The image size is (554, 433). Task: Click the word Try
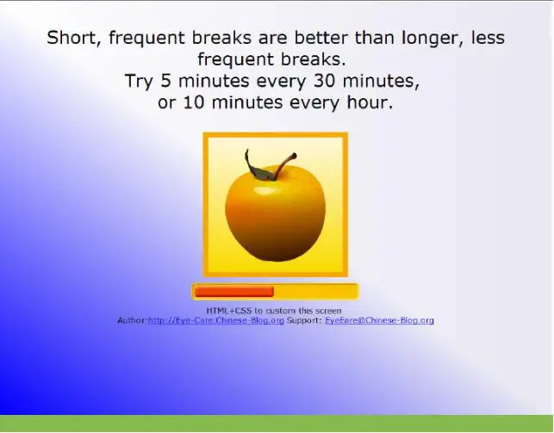coord(139,82)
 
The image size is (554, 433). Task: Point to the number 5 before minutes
coord(165,81)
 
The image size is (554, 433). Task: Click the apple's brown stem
coord(285,165)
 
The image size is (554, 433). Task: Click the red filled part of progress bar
coord(233,292)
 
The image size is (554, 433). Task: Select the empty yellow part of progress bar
coord(315,292)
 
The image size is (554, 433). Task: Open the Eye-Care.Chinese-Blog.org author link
coord(216,320)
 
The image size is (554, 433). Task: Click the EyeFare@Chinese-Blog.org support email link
coord(379,320)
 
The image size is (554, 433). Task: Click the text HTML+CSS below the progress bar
coord(229,311)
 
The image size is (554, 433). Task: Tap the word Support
coord(304,320)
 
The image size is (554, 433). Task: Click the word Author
coord(132,320)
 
